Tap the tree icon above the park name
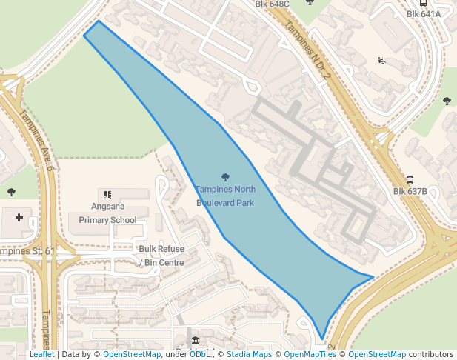click(225, 176)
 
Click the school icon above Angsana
click(108, 194)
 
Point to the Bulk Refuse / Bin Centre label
click(161, 256)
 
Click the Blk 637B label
click(410, 191)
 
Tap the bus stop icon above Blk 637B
click(410, 179)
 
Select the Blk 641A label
click(424, 13)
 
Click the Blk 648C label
click(273, 4)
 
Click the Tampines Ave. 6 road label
click(36, 141)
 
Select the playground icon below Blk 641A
click(381, 61)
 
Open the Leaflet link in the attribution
click(41, 354)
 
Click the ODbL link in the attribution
click(199, 354)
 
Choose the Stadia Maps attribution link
click(248, 354)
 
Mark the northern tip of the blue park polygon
click(99, 21)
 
